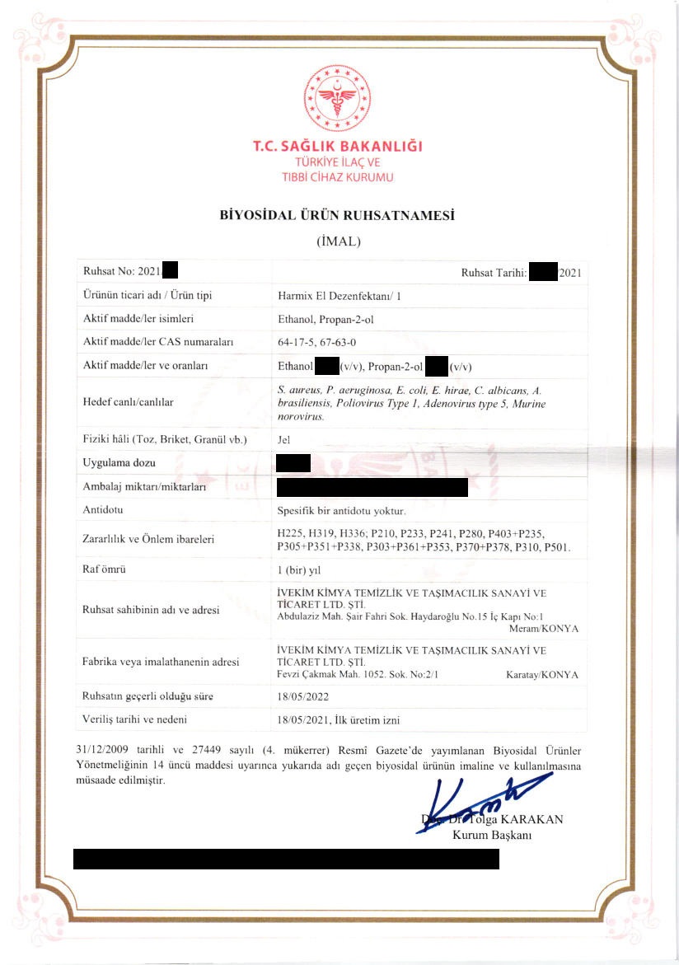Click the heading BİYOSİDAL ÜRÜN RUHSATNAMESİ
338,217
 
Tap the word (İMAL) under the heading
338,242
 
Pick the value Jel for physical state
285,439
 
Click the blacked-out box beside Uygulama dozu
293,463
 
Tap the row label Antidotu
103,510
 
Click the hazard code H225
292,533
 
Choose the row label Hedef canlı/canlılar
129,402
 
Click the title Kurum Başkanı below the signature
492,835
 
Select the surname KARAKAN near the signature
532,819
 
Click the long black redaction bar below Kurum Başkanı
287,859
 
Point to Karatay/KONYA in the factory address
541,675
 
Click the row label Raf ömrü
105,569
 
